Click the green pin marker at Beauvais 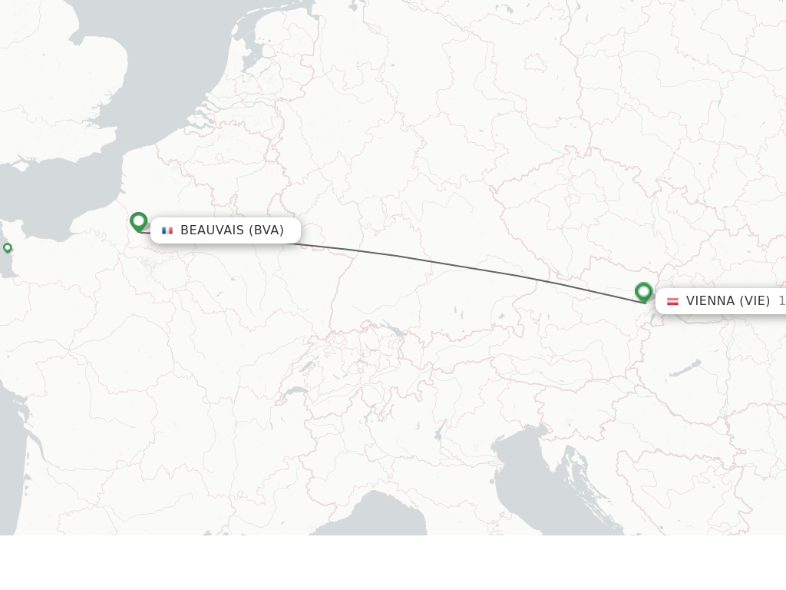(x=138, y=221)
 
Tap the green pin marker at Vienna (x=643, y=291)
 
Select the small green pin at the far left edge (x=8, y=247)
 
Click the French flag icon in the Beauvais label (x=167, y=230)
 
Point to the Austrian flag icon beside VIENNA (x=672, y=301)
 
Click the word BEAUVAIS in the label (x=212, y=230)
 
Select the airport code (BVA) (x=266, y=230)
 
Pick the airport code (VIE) (x=755, y=301)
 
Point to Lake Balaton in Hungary (x=685, y=369)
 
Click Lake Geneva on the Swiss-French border (x=296, y=392)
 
